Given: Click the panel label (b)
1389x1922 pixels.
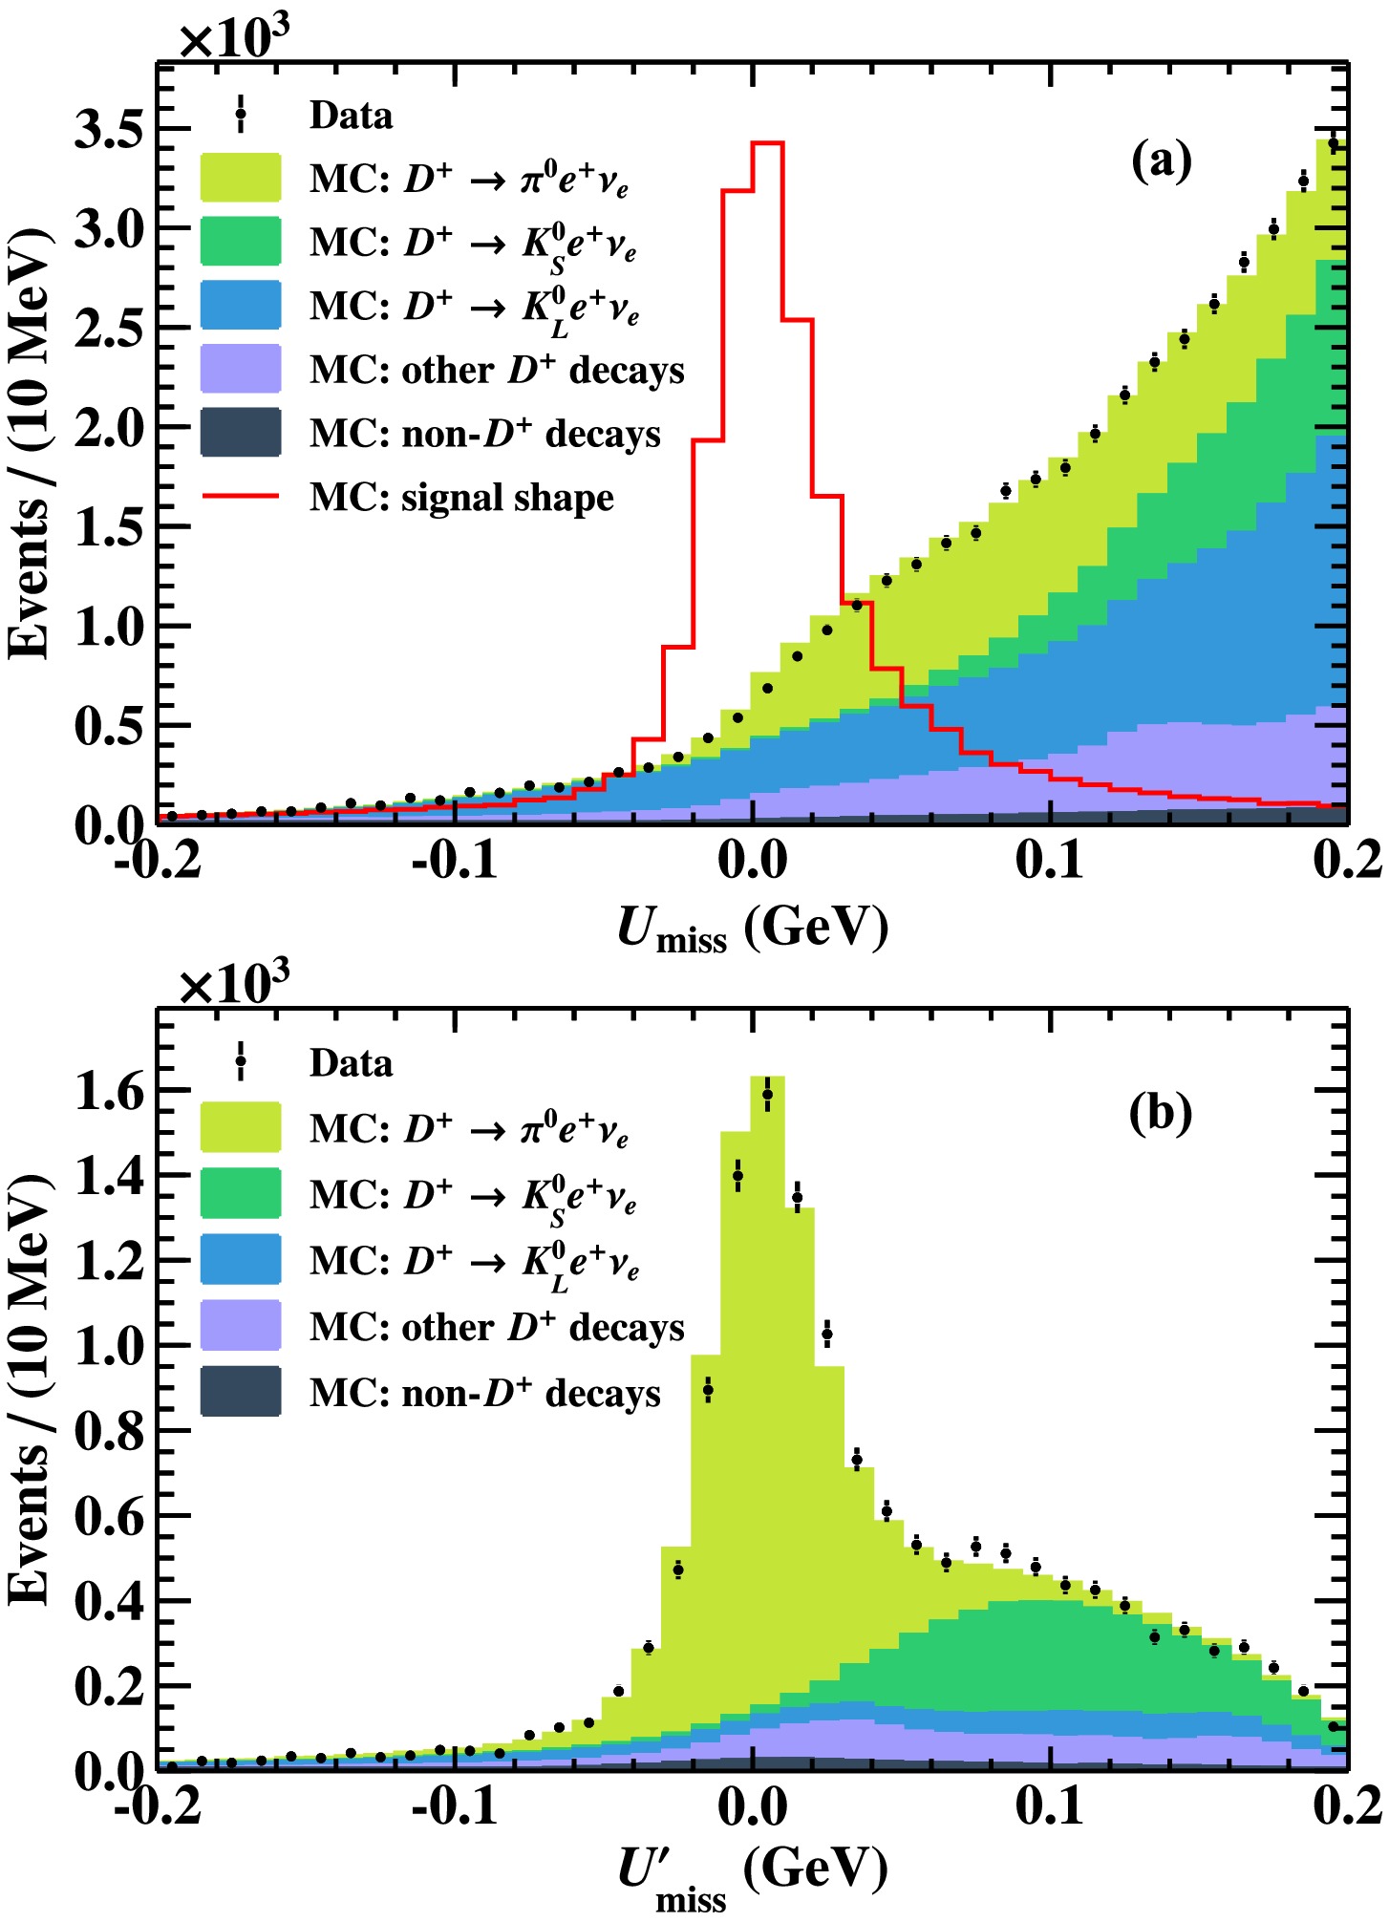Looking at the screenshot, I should tap(1161, 1112).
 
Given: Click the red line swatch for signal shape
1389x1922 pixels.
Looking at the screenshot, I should tap(241, 497).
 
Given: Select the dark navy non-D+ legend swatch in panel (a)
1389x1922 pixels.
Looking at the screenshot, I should tap(241, 433).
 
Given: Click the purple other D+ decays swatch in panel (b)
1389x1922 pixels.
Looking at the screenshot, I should tap(241, 1326).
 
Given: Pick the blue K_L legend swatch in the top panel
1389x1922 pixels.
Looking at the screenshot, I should tap(241, 306).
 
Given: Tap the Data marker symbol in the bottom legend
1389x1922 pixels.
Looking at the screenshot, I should tap(241, 1060).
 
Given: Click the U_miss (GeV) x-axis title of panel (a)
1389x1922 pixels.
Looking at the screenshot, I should tap(752, 927).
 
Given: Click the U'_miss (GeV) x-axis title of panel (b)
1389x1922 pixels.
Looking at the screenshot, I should tap(752, 1874).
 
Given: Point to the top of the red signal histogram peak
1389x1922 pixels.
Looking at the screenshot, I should tap(767, 143).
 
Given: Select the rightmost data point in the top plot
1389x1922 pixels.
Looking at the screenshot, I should tap(1334, 144).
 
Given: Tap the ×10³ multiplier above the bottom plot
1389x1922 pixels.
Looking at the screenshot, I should tap(235, 983).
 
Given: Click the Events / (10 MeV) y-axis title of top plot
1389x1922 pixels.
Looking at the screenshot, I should tap(31, 444).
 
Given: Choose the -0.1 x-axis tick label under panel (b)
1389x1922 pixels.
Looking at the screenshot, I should tap(455, 1808).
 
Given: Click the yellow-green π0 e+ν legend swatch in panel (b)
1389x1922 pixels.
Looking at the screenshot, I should tap(241, 1127).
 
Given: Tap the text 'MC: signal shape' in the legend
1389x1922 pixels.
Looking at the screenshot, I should tap(461, 498).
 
